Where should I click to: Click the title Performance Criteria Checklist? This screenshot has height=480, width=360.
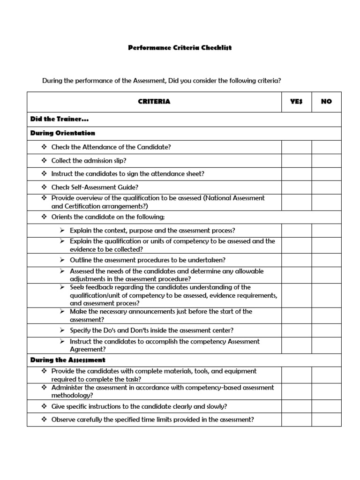coord(180,48)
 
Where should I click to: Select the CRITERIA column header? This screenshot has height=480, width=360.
coord(154,101)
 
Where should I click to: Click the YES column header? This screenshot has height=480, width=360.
coord(296,101)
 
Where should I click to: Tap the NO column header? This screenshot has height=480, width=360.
coord(326,101)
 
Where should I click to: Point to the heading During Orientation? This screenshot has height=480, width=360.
coord(63,133)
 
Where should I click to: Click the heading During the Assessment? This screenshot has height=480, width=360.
coord(68,360)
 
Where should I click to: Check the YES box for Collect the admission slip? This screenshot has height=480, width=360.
coord(296,160)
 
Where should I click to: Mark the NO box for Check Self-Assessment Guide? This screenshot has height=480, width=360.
coord(326,187)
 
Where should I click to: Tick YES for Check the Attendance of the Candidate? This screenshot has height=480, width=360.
coord(296,147)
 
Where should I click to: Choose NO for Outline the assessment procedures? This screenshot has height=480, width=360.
coord(326,260)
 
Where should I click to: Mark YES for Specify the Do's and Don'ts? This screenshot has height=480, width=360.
coord(296,330)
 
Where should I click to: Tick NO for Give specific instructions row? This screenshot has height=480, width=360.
coord(326,406)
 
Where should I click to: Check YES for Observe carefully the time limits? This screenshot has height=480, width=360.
coord(296,420)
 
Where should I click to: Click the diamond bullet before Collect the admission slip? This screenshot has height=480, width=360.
coord(44,160)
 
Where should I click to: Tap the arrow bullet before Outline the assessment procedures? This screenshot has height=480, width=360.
coord(62,260)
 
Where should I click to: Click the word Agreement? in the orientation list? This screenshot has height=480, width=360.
coord(88,349)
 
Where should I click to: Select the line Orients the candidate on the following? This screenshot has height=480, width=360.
coord(108,217)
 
